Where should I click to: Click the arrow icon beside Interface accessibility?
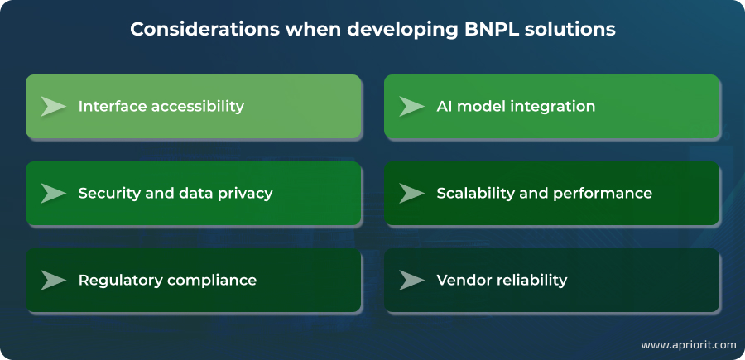click(x=54, y=107)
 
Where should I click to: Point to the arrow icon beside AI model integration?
click(x=411, y=107)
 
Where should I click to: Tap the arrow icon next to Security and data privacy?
click(x=54, y=193)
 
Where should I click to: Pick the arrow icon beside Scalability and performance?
click(x=411, y=193)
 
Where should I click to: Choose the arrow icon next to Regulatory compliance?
click(x=54, y=280)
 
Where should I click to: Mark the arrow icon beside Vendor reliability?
click(x=411, y=280)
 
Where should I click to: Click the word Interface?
click(x=112, y=107)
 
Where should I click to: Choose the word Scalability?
click(x=474, y=194)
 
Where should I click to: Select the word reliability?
click(x=532, y=280)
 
